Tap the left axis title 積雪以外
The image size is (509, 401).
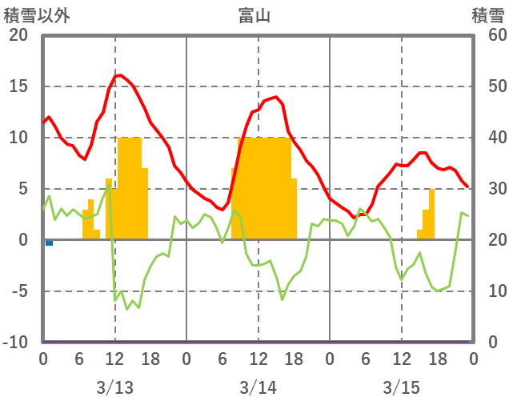click(x=36, y=15)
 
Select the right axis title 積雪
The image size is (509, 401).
click(x=487, y=15)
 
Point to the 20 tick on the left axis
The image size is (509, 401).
click(x=18, y=35)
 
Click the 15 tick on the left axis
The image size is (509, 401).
click(x=18, y=86)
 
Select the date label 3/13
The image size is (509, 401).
click(x=114, y=387)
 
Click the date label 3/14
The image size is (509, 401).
click(x=258, y=387)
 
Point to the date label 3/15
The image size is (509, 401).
click(x=401, y=387)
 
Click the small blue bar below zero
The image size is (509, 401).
click(x=49, y=243)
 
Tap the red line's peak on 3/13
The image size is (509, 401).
click(x=119, y=75)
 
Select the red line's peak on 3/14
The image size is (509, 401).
click(x=275, y=97)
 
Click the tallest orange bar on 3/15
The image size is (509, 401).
click(x=432, y=214)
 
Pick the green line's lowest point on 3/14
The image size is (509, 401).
click(x=282, y=300)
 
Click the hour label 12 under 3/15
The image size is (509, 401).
click(x=401, y=360)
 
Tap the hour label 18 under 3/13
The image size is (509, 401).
click(x=150, y=360)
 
